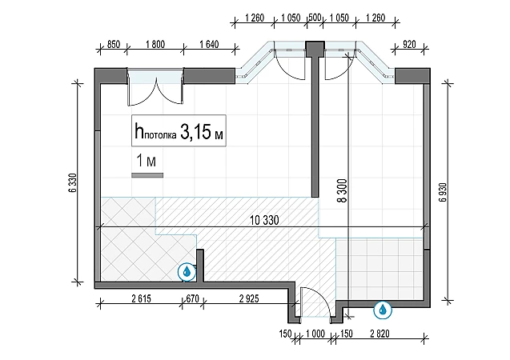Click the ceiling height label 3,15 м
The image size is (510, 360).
click(202, 132)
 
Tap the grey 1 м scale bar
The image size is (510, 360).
click(147, 175)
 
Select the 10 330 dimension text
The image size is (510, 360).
click(264, 220)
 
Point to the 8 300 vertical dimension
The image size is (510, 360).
click(342, 190)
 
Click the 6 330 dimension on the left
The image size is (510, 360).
click(73, 183)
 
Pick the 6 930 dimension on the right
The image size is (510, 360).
click(443, 192)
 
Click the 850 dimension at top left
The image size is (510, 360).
click(114, 44)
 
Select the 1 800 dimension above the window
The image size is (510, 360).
click(155, 44)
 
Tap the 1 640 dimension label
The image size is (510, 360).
click(209, 44)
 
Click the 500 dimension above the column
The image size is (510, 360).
click(315, 18)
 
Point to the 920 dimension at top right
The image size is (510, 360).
click(409, 44)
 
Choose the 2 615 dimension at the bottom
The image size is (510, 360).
click(141, 298)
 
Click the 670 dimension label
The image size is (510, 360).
click(192, 298)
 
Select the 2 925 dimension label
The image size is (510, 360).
click(249, 298)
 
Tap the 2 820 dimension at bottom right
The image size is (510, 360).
click(379, 334)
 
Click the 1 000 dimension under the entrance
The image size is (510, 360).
click(315, 334)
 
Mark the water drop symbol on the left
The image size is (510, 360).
click(187, 272)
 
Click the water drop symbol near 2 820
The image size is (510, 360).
click(383, 310)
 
